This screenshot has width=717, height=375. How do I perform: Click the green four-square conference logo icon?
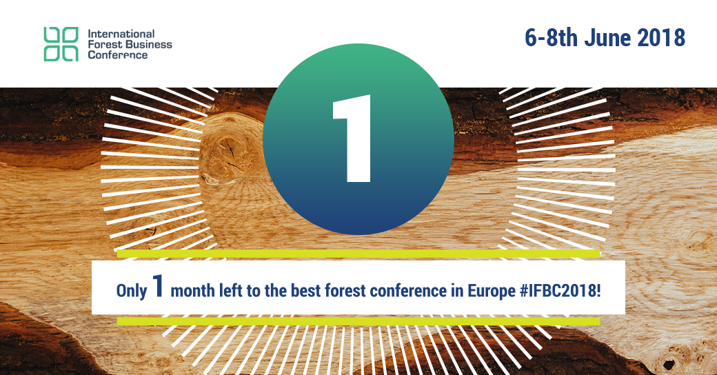point(61,44)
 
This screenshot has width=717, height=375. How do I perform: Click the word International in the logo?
point(121,34)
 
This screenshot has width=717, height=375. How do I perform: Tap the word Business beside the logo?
point(149,44)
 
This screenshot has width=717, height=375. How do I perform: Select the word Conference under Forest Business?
point(117,55)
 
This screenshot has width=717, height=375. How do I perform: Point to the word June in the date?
point(607,37)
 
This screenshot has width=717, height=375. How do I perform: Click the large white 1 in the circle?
point(352,139)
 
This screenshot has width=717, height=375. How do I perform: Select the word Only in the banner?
point(132,292)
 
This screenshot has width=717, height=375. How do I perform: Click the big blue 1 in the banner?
point(158,286)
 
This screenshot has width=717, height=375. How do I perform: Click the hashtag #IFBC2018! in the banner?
point(560,291)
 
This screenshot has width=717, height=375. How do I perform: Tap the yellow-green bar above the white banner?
point(358,254)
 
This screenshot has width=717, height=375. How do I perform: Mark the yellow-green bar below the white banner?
point(358,321)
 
